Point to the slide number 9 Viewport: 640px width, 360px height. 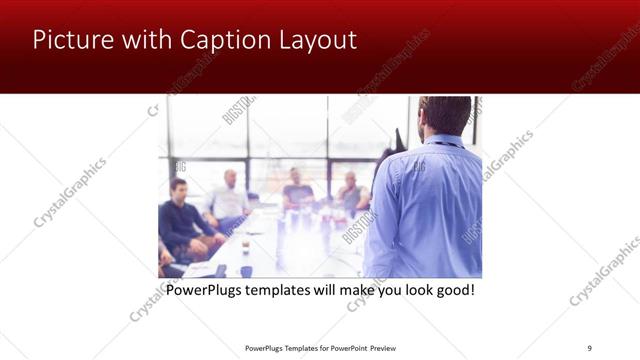589,348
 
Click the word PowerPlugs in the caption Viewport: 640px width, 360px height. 207,290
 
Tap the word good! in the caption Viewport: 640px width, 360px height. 451,290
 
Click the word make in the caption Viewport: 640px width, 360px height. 345,290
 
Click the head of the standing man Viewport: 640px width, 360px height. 444,116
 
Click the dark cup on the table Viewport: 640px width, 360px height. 245,245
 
